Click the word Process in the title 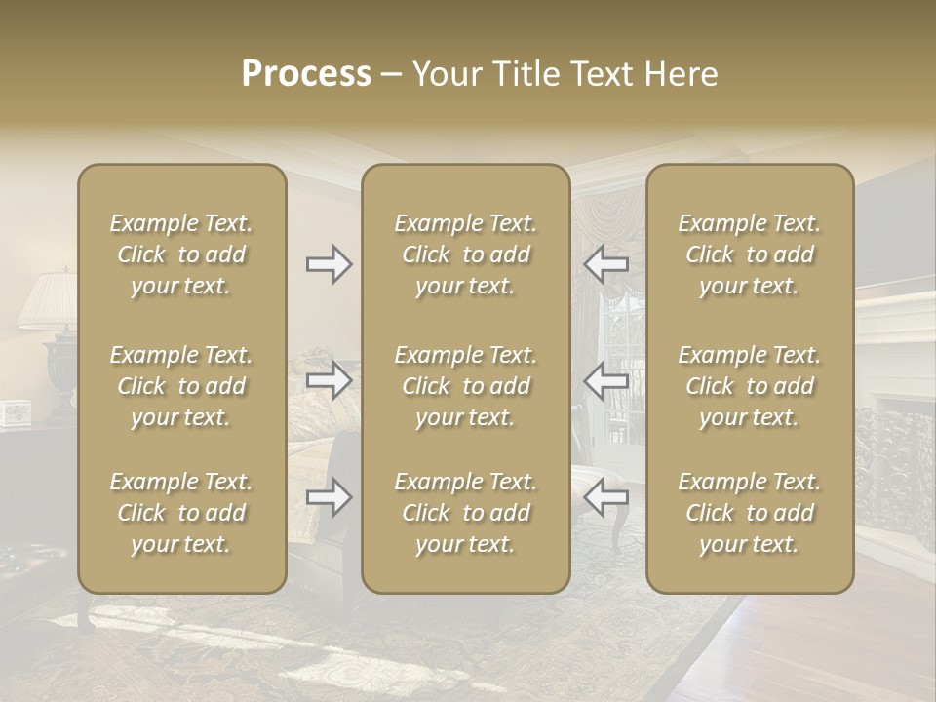click(306, 74)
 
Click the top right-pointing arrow click(329, 264)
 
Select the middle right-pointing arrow click(329, 380)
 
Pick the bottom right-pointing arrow click(329, 497)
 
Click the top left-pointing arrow click(606, 264)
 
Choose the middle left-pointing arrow click(606, 380)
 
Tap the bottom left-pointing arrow click(606, 497)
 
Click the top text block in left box click(181, 254)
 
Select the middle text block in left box click(181, 386)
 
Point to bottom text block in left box click(181, 513)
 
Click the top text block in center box click(465, 254)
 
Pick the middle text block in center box click(465, 386)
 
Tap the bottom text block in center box click(465, 513)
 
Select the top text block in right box click(749, 254)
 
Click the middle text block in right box click(749, 386)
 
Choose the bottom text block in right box click(749, 513)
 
